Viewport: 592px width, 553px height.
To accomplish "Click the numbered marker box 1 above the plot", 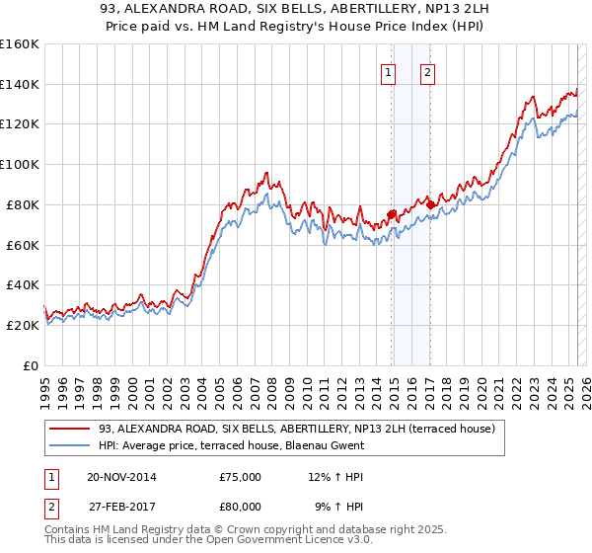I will coord(388,71).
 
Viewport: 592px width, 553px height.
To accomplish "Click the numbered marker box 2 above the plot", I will coord(427,71).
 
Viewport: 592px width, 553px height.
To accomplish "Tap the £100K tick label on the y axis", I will coord(20,164).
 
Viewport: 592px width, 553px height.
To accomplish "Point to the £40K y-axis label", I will coord(23,284).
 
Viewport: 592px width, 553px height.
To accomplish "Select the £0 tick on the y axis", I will coord(31,365).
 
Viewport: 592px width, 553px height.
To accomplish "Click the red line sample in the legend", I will coord(69,428).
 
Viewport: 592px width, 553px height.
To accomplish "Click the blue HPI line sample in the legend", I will coord(69,445).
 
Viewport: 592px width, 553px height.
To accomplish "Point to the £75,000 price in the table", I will coord(241,477).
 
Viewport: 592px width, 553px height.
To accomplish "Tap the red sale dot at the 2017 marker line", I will coord(431,203).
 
